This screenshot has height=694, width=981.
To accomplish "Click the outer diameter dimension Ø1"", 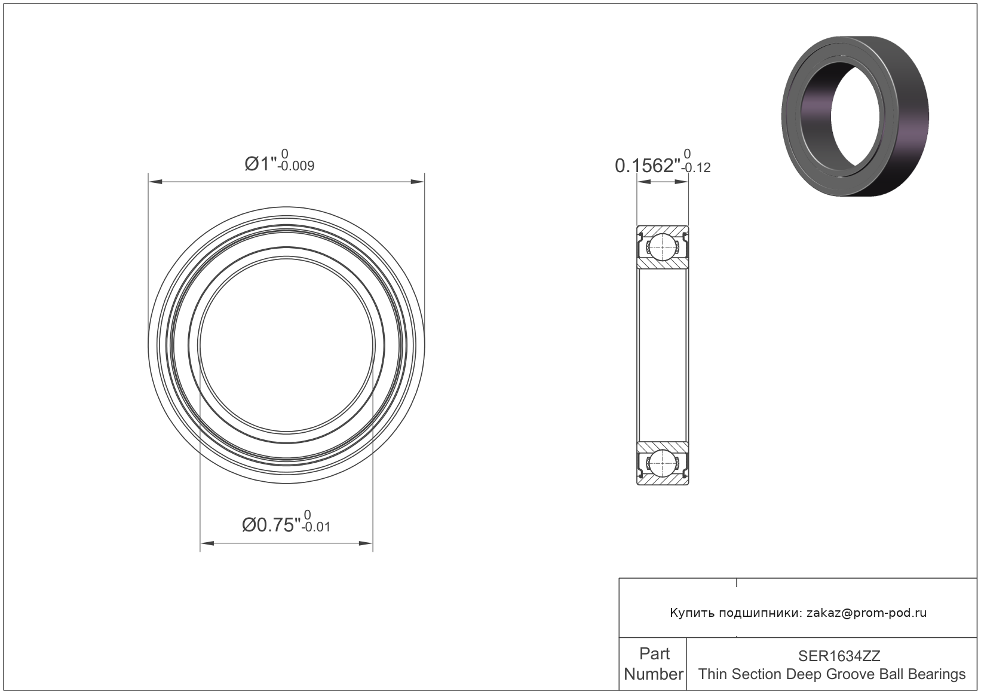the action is [x=260, y=164].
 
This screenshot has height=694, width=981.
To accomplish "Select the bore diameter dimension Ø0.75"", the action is [x=271, y=524].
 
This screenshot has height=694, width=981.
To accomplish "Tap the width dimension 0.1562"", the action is [x=647, y=166].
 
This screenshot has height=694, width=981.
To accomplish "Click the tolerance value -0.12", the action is [x=696, y=168].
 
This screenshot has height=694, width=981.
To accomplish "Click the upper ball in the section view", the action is [x=663, y=247].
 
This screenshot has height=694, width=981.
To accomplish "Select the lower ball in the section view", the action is [x=663, y=463].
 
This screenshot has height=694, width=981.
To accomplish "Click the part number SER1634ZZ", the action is [x=839, y=656].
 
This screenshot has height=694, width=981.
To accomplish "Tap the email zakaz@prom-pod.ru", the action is [x=866, y=613].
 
